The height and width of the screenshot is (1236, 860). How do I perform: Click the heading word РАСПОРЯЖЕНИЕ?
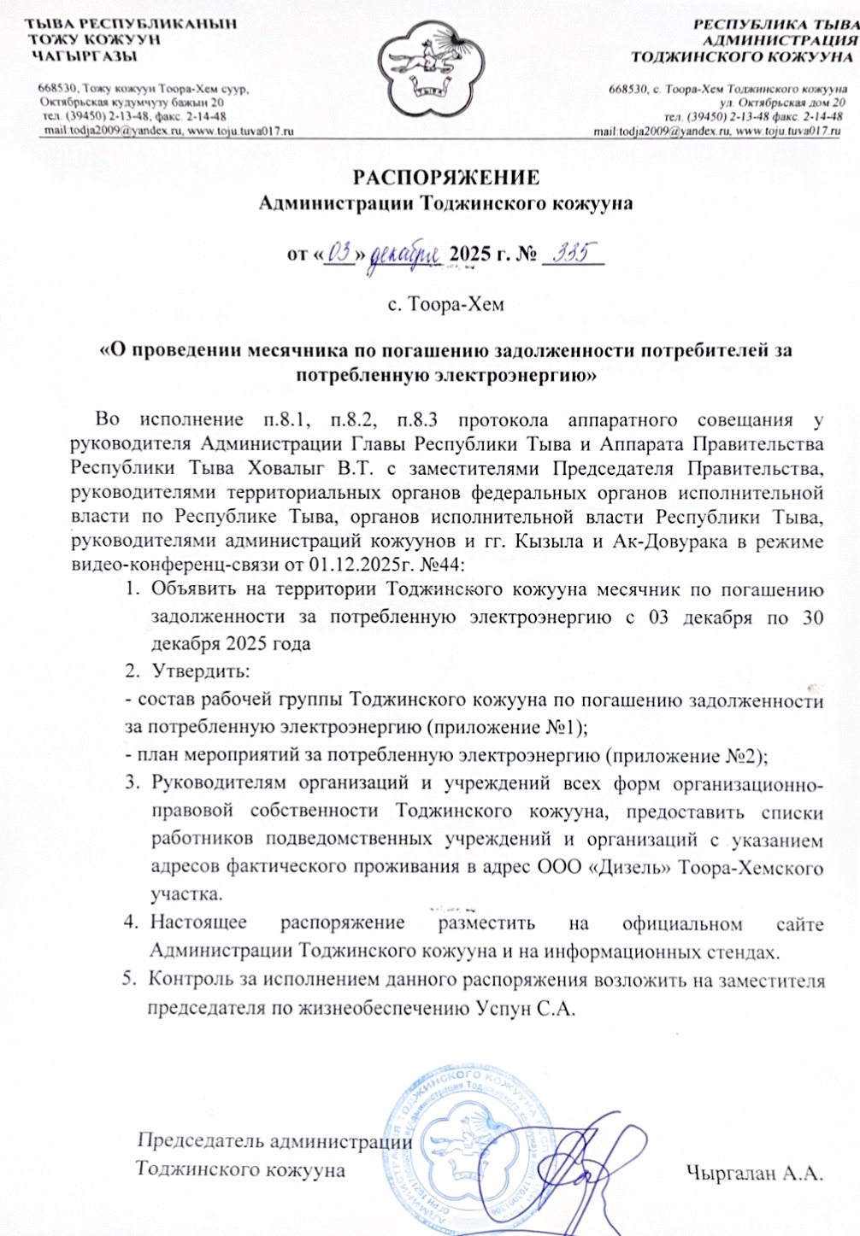coord(446,178)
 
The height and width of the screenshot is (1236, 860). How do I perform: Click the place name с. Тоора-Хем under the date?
coord(445,304)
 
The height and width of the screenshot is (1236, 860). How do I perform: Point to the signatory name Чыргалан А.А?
coord(753,1173)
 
